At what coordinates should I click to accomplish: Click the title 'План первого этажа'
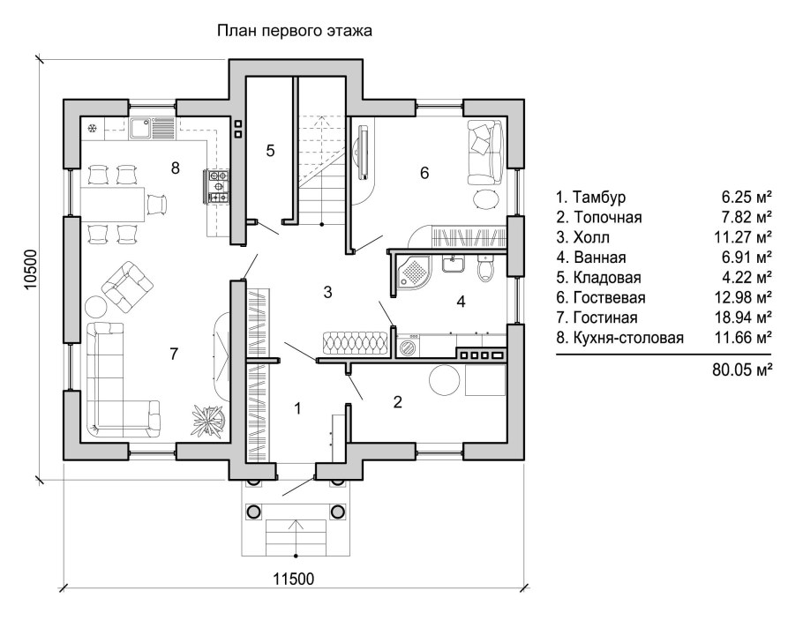point(295,31)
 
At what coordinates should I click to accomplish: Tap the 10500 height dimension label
point(31,271)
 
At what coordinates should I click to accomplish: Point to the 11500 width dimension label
point(294,579)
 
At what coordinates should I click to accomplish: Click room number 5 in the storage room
point(270,151)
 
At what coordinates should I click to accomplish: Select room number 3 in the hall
point(327,292)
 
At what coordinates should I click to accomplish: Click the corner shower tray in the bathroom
point(413,271)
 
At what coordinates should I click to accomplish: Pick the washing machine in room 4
point(409,346)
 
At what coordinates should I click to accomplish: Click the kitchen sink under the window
point(152,128)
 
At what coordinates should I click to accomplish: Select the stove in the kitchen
point(218,185)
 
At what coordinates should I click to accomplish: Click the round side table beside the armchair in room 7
point(96,306)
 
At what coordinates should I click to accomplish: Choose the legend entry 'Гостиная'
point(604,317)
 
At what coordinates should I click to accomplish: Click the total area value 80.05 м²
point(741,370)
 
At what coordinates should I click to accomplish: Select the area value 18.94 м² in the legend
point(743,317)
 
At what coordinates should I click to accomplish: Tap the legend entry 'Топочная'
point(607,217)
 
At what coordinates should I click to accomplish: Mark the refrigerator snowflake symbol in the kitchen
point(93,129)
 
